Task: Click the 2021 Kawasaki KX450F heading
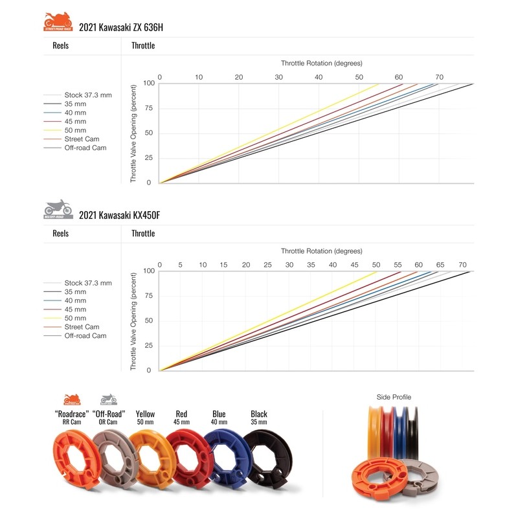pyautogui.click(x=119, y=214)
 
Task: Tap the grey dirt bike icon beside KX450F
pyautogui.click(x=58, y=208)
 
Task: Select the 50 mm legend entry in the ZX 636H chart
pyautogui.click(x=75, y=130)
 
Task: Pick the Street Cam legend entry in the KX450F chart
pyautogui.click(x=82, y=327)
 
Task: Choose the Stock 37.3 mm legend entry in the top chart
pyautogui.click(x=87, y=95)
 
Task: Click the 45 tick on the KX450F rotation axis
pyautogui.click(x=354, y=265)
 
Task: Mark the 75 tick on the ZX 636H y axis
pyautogui.click(x=148, y=108)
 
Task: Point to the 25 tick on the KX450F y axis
pyautogui.click(x=148, y=345)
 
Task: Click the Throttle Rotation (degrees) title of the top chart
pyautogui.click(x=321, y=63)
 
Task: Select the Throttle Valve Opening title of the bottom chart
pyautogui.click(x=134, y=321)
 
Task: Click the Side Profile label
pyautogui.click(x=394, y=397)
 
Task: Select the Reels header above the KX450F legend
pyautogui.click(x=60, y=233)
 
